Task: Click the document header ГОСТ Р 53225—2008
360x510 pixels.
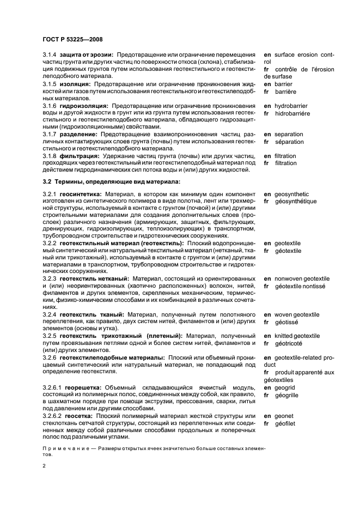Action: click(72, 39)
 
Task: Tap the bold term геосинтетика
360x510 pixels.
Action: click(82, 194)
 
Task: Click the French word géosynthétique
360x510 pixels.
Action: click(295, 201)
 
